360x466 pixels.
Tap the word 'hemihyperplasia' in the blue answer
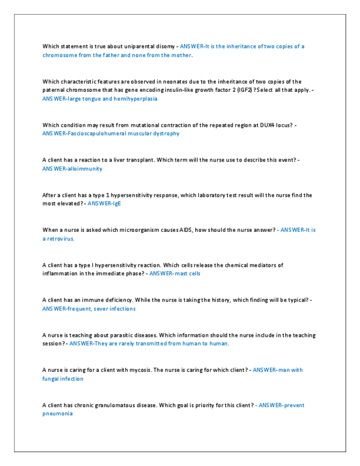(137, 99)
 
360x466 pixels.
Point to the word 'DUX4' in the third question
(262, 125)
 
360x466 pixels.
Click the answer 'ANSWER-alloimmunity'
(72, 169)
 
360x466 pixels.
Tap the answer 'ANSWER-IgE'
(104, 203)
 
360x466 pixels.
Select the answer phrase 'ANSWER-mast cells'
(175, 273)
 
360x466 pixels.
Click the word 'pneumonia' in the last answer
(57, 414)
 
